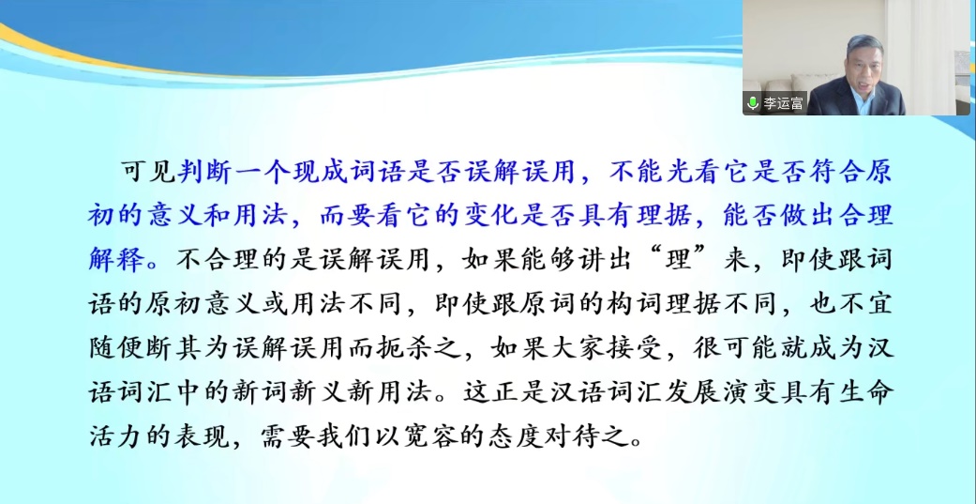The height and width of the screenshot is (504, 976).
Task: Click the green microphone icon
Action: pyautogui.click(x=753, y=103)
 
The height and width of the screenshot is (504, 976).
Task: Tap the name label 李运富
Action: pyautogui.click(x=783, y=103)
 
